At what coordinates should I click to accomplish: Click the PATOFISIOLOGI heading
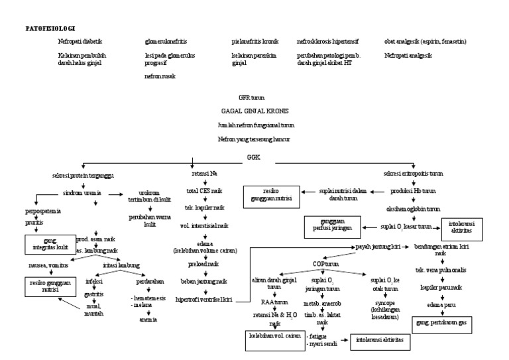click(50, 29)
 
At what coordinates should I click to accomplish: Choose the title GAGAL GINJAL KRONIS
click(255, 111)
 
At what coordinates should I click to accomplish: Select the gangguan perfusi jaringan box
click(328, 225)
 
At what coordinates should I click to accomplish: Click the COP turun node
click(327, 263)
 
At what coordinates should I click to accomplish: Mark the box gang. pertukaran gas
click(439, 323)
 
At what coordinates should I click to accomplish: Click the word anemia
click(148, 320)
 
